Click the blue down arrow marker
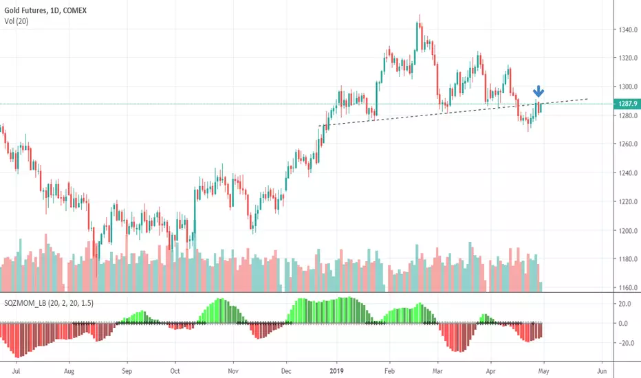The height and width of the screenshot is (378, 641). tap(539, 91)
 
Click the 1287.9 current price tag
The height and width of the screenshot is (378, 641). tap(627, 104)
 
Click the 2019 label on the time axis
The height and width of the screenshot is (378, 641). tap(337, 371)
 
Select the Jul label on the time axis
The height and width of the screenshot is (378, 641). tap(17, 371)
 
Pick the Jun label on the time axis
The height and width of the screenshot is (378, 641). tap(602, 371)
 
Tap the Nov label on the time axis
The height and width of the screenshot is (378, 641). tap(233, 371)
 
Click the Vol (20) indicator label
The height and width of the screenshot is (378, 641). tap(17, 21)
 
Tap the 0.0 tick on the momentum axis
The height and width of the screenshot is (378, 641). tap(623, 323)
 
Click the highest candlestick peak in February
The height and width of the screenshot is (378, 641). tap(420, 16)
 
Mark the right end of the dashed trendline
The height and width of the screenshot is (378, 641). tap(588, 99)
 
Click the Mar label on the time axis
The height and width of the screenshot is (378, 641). tap(438, 371)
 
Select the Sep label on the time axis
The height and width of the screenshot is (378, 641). tap(127, 371)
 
